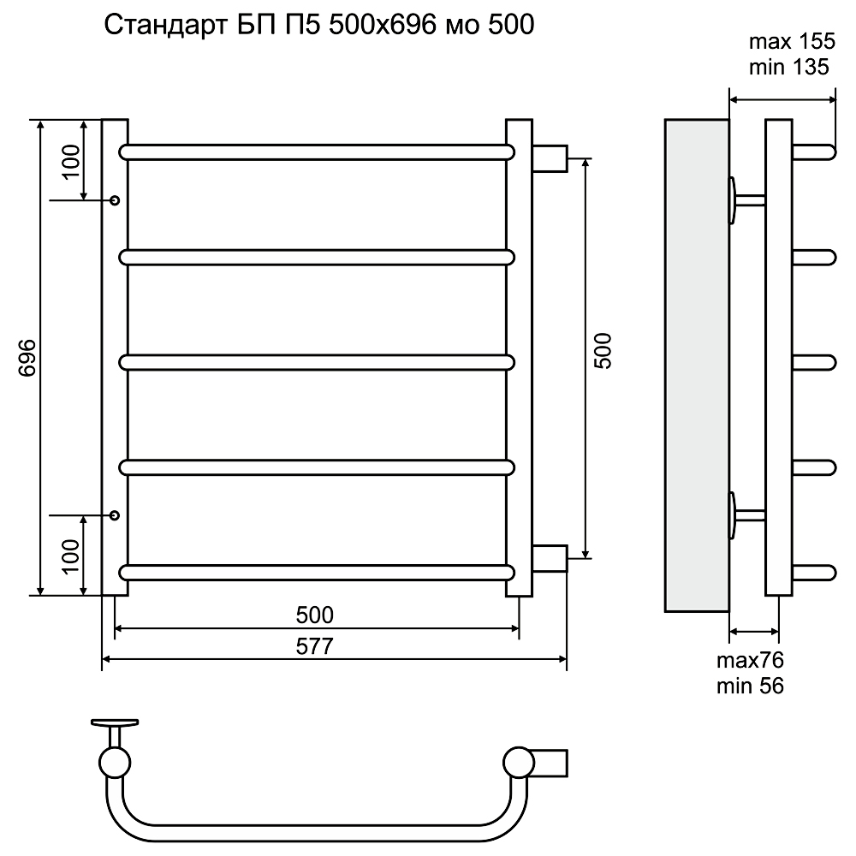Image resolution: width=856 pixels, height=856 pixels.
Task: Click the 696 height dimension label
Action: point(27,358)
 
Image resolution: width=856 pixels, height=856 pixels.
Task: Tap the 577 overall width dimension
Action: point(314,646)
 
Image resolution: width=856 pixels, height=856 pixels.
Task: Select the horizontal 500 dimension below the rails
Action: point(314,615)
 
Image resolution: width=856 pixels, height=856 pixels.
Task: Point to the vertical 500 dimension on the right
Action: point(603,351)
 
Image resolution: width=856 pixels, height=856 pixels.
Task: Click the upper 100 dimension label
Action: point(71,162)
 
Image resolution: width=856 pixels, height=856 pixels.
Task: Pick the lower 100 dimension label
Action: point(71,556)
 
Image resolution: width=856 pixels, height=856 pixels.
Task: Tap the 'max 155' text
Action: point(792,41)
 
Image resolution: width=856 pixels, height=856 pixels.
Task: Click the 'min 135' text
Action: point(789,67)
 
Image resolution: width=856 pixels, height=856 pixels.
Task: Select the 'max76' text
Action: point(750,660)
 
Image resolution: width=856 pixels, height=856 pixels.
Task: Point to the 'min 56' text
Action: point(750,686)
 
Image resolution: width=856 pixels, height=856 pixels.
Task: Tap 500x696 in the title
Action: point(383,25)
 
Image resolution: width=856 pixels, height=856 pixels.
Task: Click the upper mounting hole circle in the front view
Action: point(115,200)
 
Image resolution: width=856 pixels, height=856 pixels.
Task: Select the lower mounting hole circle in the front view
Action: point(115,514)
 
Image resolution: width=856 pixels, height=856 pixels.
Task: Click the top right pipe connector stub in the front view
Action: point(550,158)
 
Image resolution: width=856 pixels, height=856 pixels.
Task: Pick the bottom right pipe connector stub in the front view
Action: point(550,558)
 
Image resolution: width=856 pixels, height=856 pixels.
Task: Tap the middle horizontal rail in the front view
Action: point(317,362)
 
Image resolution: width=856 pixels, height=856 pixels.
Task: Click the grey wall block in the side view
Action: point(697,366)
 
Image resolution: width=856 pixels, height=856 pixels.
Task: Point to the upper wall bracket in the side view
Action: point(746,200)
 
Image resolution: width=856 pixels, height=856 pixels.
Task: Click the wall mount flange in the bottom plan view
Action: point(115,723)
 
